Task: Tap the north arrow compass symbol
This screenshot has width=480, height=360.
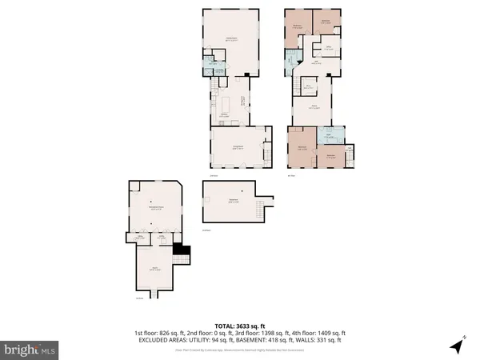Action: pyautogui.click(x=457, y=346)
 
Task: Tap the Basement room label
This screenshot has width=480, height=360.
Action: pyautogui.click(x=234, y=200)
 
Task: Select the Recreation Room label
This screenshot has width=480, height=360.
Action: pyautogui.click(x=154, y=209)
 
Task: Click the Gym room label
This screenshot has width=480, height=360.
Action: pyautogui.click(x=155, y=270)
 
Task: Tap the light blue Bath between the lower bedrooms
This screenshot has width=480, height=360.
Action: pyautogui.click(x=328, y=135)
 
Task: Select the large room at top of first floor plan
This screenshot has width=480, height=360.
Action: pyautogui.click(x=232, y=40)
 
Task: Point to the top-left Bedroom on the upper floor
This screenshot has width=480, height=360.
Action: pyautogui.click(x=297, y=26)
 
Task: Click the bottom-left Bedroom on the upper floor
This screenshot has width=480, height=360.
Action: pyautogui.click(x=302, y=148)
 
